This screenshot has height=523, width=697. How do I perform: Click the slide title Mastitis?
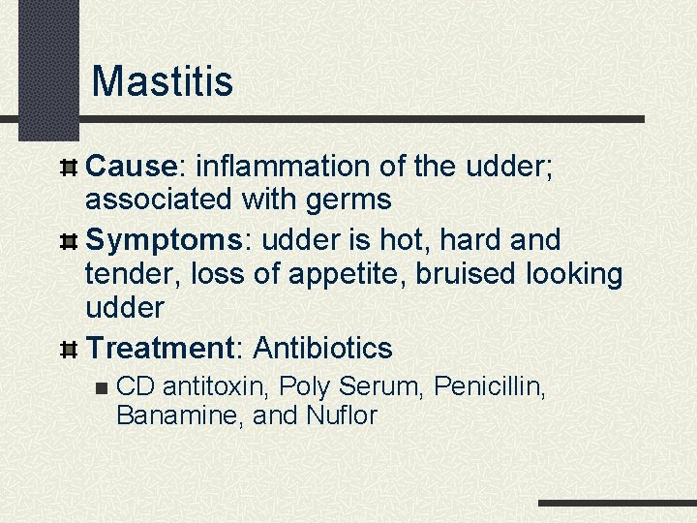162,81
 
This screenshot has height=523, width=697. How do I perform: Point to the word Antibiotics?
322,347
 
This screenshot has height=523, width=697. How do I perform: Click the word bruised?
467,274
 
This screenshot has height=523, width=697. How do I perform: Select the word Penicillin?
491,388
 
